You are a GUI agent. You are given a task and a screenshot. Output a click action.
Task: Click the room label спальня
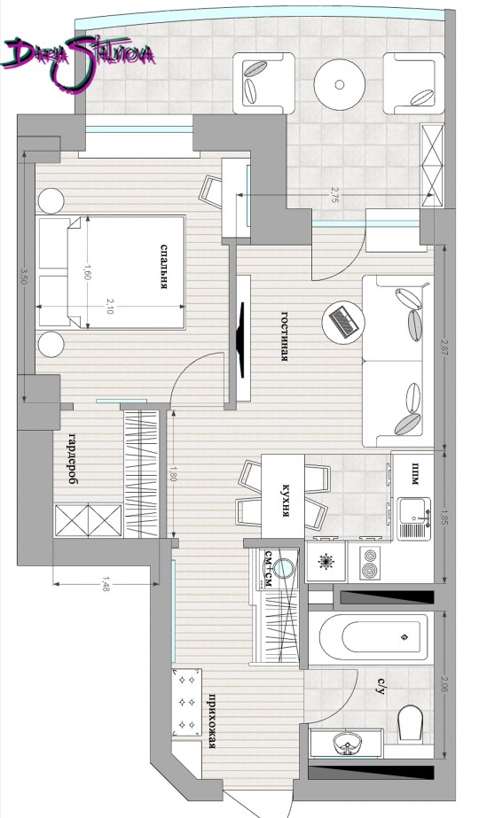[x=163, y=267]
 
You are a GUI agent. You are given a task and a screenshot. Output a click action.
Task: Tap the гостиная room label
[x=286, y=337]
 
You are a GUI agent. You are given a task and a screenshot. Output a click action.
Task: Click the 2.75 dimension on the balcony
[x=334, y=195]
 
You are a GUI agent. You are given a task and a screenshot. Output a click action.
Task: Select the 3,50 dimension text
[x=22, y=275]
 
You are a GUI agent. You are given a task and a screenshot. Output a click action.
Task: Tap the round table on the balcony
[x=340, y=84]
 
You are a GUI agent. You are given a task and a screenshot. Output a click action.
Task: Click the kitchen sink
[x=414, y=519]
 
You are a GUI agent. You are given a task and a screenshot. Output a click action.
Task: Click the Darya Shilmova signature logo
[x=78, y=61]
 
